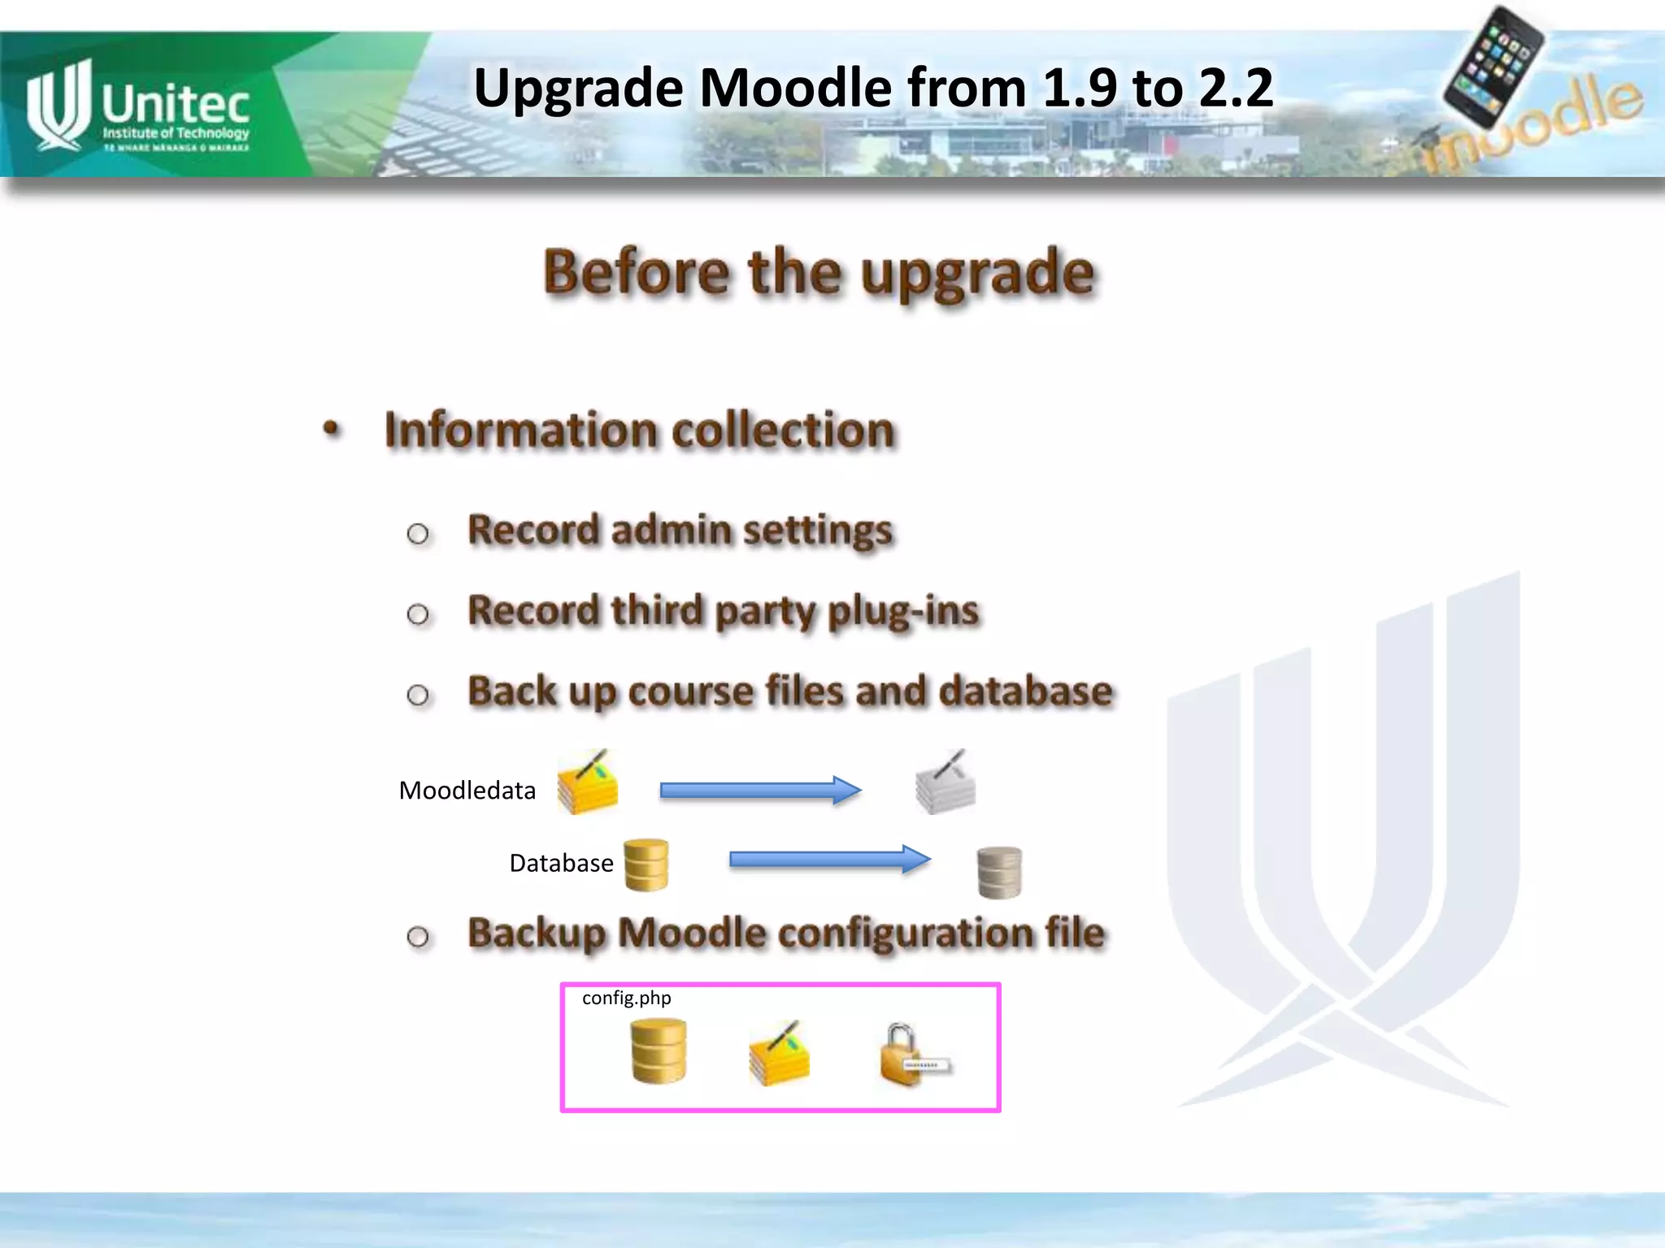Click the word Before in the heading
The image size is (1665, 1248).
click(x=637, y=271)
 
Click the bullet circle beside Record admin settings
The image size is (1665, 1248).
click(x=418, y=534)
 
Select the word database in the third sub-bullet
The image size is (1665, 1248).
click(x=1026, y=691)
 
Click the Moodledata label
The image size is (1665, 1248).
click(x=467, y=791)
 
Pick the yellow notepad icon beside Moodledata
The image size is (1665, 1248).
click(x=587, y=783)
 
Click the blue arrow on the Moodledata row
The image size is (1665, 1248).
click(x=760, y=790)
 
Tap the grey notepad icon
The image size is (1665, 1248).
click(x=946, y=783)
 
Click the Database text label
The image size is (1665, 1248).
click(x=561, y=863)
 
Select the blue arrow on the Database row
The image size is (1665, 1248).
click(x=829, y=860)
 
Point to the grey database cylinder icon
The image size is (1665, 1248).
click(x=999, y=873)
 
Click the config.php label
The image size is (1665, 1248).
click(x=626, y=998)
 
